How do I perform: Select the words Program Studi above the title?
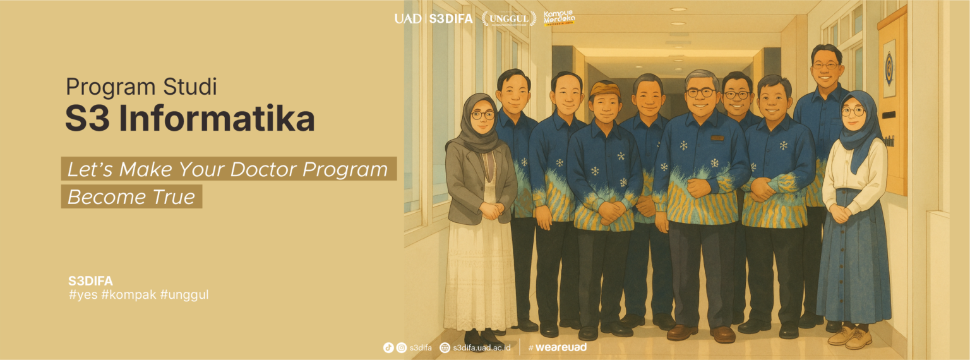click(x=141, y=87)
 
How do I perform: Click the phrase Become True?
click(x=131, y=197)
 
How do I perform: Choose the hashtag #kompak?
click(x=129, y=294)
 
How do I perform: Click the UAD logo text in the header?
click(x=407, y=18)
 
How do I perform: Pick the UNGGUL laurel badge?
click(x=508, y=18)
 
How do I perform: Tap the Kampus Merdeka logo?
click(x=559, y=18)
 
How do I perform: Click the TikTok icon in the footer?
click(x=388, y=347)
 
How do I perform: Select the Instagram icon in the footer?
click(x=401, y=347)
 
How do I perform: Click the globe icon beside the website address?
click(x=445, y=347)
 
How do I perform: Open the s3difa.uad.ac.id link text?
click(x=481, y=347)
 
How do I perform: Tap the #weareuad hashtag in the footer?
click(x=558, y=347)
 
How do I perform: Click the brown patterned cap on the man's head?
click(x=605, y=89)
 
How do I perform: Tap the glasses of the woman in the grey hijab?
click(x=482, y=115)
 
